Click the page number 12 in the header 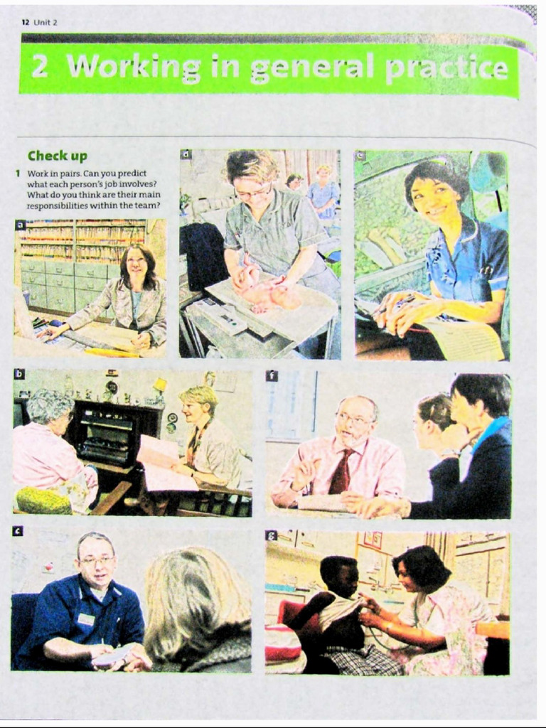coord(25,22)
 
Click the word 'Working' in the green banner coord(134,68)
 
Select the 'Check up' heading coord(58,156)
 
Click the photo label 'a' coord(20,225)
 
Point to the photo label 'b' coord(19,374)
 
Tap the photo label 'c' coord(18,531)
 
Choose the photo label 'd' coord(186,154)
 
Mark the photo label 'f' coord(272,376)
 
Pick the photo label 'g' coord(271,536)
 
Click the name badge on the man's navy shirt coord(86,620)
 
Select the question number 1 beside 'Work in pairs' coord(18,173)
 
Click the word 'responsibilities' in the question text coord(53,205)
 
